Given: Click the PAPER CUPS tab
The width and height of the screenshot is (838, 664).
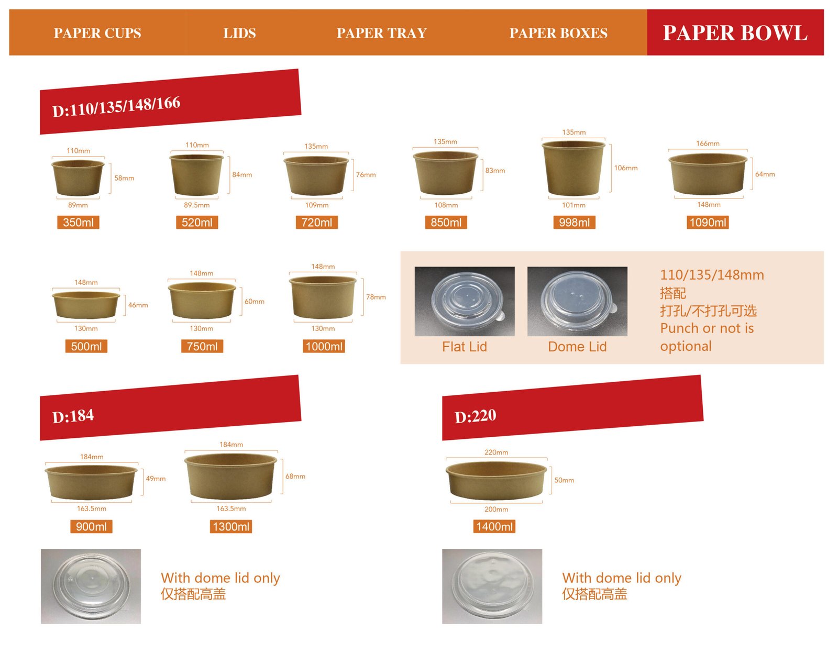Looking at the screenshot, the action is click(x=97, y=32).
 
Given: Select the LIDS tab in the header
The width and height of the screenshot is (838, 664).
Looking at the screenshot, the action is click(x=239, y=32).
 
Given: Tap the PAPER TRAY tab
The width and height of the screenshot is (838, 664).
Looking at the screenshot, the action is click(x=382, y=32).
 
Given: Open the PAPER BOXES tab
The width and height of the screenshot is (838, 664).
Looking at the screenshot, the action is click(x=558, y=32).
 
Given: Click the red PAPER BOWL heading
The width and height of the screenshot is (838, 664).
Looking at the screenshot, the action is click(x=735, y=32).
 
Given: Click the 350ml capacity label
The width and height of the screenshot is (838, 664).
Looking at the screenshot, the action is click(x=78, y=223).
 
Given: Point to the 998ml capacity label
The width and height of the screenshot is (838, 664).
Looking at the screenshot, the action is click(x=575, y=223).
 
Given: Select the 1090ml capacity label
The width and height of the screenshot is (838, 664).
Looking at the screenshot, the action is click(x=708, y=223).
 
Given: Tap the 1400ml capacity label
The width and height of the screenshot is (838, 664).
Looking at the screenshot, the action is click(x=494, y=526).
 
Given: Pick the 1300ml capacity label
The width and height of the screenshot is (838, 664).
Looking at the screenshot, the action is click(x=231, y=526).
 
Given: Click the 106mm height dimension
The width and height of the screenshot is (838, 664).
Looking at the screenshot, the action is click(x=626, y=168).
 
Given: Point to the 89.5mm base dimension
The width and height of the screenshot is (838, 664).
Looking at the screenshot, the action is click(x=196, y=205).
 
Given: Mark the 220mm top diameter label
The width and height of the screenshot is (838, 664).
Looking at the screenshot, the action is click(x=496, y=452).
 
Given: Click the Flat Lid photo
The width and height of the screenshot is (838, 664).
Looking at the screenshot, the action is click(x=465, y=301).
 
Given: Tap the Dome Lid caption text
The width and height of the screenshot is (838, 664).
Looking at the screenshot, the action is click(x=577, y=347).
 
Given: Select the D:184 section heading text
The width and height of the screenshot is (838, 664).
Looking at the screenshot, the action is click(x=73, y=416).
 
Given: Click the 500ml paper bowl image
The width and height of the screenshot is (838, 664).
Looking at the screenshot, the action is click(x=86, y=305).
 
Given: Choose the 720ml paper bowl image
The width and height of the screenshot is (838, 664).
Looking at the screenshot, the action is click(x=316, y=175).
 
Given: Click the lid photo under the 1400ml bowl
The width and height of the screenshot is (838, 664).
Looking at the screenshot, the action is click(x=492, y=586).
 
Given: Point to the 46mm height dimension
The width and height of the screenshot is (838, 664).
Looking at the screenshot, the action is click(x=138, y=305).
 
